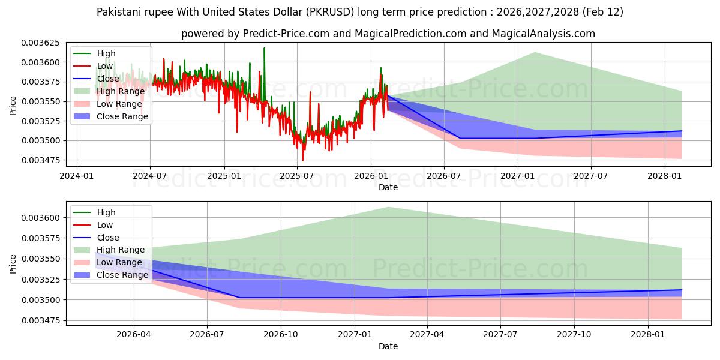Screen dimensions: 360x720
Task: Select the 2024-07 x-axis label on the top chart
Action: click(x=150, y=176)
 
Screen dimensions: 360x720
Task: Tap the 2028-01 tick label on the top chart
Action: click(x=665, y=176)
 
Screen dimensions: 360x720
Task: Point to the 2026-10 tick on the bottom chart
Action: click(x=281, y=335)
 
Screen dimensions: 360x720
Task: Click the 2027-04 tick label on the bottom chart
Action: click(x=427, y=335)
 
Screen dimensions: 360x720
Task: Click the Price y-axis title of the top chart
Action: click(x=13, y=106)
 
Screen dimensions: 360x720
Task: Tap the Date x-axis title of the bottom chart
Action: click(x=388, y=346)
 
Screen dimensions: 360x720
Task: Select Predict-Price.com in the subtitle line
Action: click(x=286, y=34)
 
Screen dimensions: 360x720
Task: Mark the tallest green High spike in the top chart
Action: click(x=264, y=48)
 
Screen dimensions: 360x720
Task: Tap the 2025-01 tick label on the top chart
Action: click(x=224, y=176)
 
